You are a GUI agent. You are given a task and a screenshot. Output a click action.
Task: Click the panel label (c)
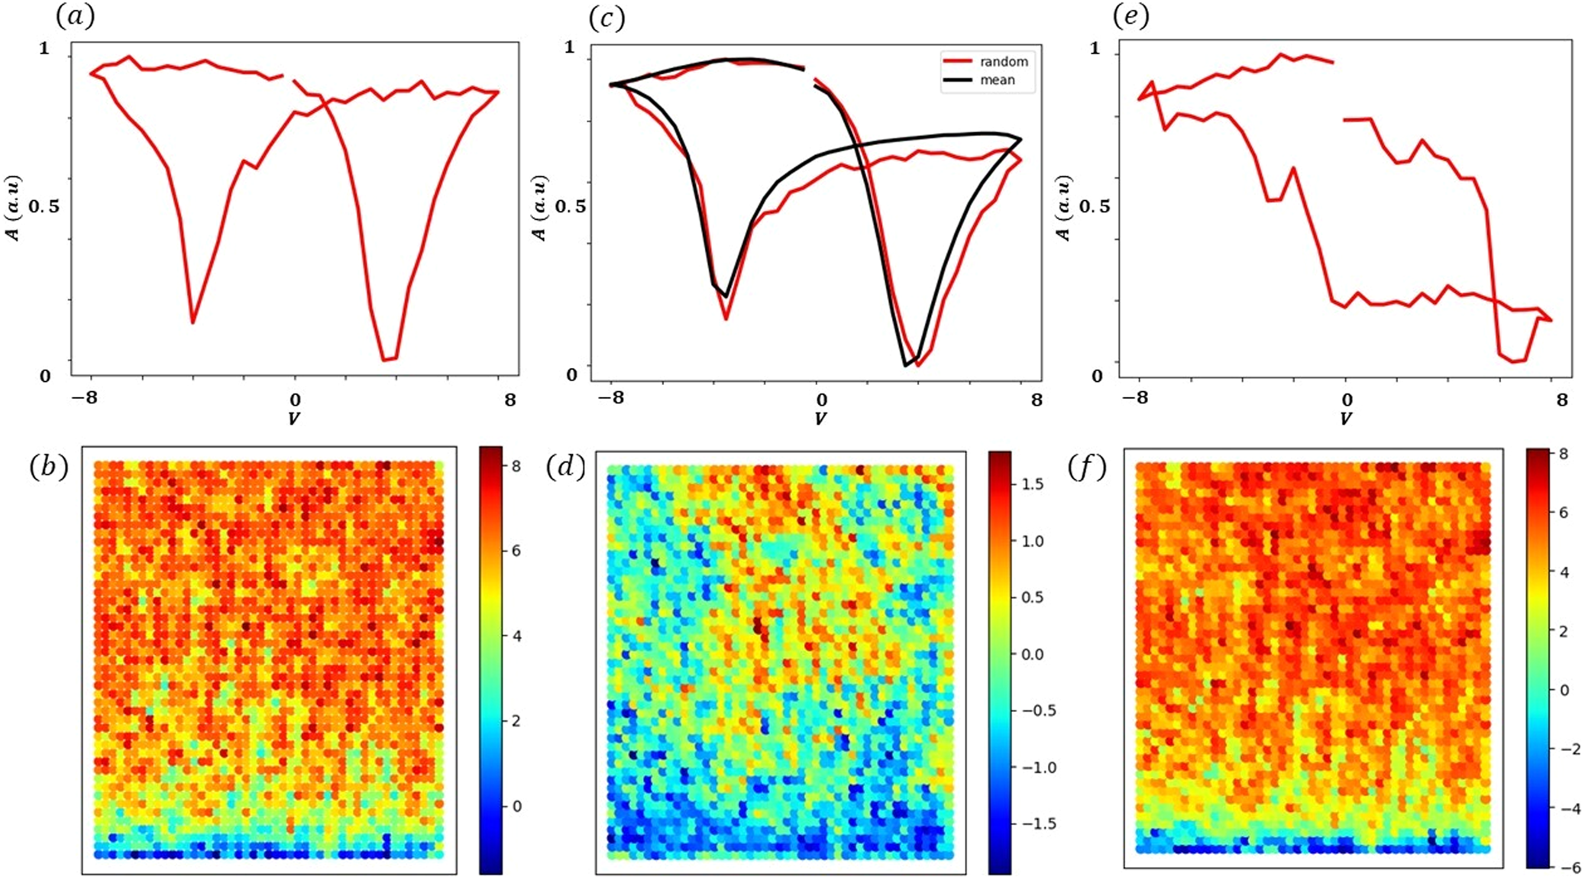(607, 18)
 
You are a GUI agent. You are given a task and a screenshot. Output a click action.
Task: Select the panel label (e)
(1131, 17)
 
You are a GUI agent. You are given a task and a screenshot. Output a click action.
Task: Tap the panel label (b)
(49, 466)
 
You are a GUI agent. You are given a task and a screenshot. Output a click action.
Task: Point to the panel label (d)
(565, 466)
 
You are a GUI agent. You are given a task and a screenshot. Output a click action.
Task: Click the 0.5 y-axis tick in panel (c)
(570, 207)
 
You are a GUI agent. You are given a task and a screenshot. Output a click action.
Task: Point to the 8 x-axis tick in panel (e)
(1561, 400)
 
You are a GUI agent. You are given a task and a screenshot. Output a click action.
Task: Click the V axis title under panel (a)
(294, 419)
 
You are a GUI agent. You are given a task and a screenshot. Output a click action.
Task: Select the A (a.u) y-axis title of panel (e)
(1064, 208)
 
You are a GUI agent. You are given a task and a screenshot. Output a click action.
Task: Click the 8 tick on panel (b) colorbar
(516, 466)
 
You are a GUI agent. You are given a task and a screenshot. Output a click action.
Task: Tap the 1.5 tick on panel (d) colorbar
(1032, 484)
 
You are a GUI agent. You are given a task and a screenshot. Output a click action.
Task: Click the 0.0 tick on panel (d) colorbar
(1032, 655)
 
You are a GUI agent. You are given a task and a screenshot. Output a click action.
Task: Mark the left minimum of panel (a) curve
(193, 322)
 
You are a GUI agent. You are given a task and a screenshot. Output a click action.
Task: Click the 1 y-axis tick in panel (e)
(1095, 48)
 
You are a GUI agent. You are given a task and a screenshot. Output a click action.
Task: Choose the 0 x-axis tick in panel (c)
(821, 400)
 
